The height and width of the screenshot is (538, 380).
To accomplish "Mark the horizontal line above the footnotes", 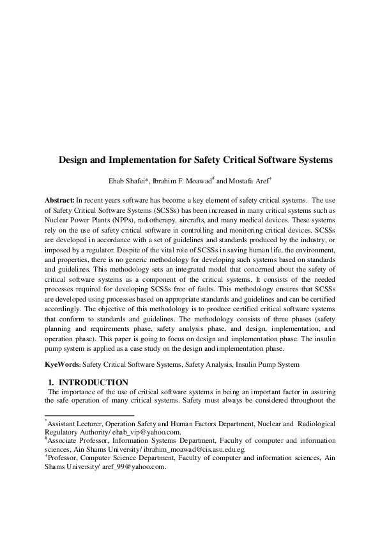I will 89,415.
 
